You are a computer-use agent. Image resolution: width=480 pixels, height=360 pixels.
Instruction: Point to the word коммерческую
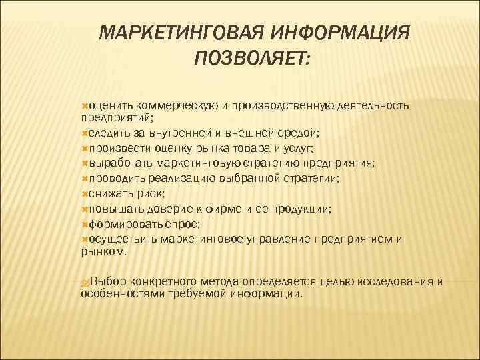tap(177, 105)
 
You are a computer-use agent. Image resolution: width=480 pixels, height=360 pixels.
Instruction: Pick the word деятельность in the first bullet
tap(373, 105)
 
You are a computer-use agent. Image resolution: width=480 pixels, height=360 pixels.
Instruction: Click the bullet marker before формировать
tap(84, 223)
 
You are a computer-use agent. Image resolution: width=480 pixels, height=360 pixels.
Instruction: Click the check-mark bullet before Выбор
tap(84, 281)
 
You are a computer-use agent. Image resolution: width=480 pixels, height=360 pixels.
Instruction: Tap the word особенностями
tap(117, 293)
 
